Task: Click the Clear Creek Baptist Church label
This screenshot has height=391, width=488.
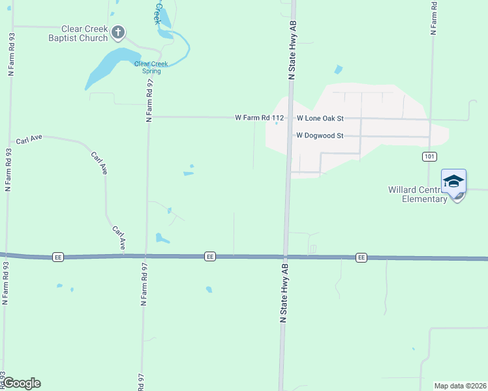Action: click(78, 33)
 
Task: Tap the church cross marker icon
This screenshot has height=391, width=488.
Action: click(118, 31)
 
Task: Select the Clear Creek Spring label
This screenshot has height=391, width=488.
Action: click(151, 67)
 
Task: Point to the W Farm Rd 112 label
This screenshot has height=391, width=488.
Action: click(260, 118)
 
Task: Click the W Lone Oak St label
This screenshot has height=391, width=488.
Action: click(320, 119)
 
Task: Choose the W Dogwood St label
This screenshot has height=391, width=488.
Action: click(320, 136)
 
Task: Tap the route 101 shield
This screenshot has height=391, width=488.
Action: click(429, 156)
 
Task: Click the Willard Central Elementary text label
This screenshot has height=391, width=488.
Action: click(418, 194)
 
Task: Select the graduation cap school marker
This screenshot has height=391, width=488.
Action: click(453, 182)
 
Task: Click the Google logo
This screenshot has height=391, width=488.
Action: click(22, 383)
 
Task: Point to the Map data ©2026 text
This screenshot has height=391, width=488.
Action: click(460, 386)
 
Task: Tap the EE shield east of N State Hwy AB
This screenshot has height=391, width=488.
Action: click(361, 258)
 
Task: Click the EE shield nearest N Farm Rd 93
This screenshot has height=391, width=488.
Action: click(58, 257)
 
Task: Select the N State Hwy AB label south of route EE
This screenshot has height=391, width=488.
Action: click(284, 293)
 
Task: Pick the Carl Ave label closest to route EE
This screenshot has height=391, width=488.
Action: click(119, 238)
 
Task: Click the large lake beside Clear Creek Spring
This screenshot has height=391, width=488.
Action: click(108, 68)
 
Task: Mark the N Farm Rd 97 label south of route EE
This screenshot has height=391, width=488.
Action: click(143, 285)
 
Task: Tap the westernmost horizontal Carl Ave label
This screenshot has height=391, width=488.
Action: click(29, 139)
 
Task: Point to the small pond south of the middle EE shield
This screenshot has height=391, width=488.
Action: click(209, 289)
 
